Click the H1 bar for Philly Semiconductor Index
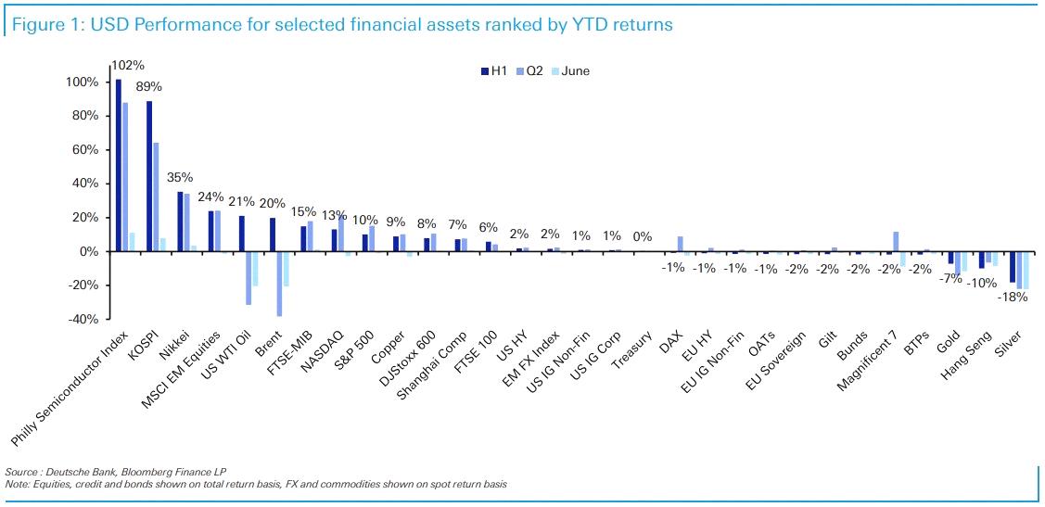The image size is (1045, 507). pyautogui.click(x=118, y=165)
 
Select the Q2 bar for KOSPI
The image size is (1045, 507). pyautogui.click(x=156, y=197)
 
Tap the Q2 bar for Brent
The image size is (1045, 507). pyautogui.click(x=279, y=284)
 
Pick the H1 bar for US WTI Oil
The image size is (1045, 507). pyautogui.click(x=242, y=234)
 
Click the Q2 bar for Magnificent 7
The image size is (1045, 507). pyautogui.click(x=897, y=242)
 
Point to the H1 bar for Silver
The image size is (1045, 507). pyautogui.click(x=1012, y=267)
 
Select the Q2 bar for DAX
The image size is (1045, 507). pyautogui.click(x=681, y=244)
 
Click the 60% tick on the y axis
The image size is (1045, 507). pyautogui.click(x=83, y=150)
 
